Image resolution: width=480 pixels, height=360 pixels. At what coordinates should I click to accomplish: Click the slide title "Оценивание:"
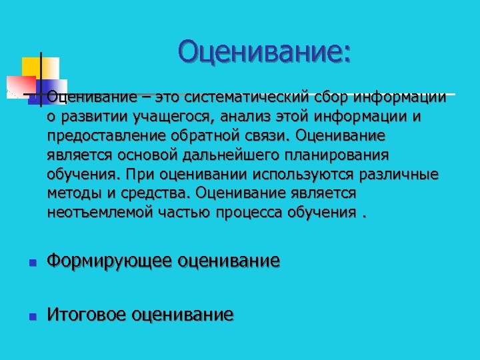(x=264, y=51)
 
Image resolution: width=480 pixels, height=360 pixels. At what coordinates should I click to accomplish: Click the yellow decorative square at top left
(x=31, y=67)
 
